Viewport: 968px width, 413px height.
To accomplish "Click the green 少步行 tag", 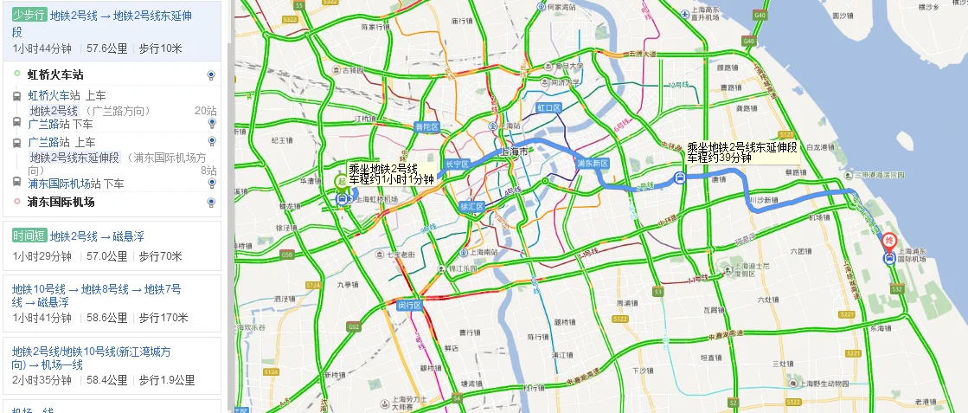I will (x=29, y=16).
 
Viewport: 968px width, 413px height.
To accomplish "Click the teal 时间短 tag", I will (x=29, y=236).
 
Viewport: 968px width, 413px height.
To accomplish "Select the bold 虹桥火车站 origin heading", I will (x=55, y=75).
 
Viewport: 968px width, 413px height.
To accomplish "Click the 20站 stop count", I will (x=205, y=111).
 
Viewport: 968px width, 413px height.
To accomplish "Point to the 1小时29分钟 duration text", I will (x=42, y=256).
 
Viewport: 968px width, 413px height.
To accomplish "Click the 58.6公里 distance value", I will (x=106, y=318).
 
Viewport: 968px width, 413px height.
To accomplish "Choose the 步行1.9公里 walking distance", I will (x=167, y=380).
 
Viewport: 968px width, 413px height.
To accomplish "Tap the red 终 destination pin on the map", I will (x=889, y=240).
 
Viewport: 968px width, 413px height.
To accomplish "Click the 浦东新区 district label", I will (x=593, y=164).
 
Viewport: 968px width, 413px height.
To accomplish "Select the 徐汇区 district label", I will (x=471, y=206).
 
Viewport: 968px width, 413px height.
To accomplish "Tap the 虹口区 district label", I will (x=549, y=107).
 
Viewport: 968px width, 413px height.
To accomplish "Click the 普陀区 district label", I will (x=426, y=126).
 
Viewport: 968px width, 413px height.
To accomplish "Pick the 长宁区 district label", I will (x=455, y=164).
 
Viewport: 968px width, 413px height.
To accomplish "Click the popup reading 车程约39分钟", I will (x=719, y=158).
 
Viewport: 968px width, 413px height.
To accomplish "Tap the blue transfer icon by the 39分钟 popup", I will (x=680, y=179).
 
